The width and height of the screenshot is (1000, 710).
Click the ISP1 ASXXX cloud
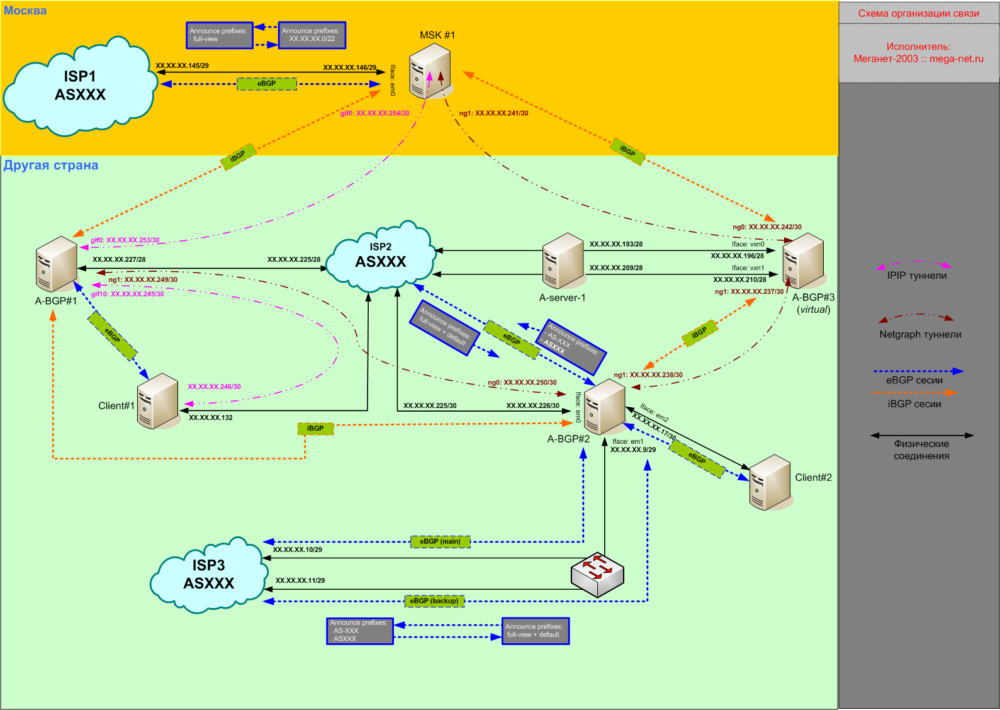80,86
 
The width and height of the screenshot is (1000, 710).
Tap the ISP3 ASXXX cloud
208,575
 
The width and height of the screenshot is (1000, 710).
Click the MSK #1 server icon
430,74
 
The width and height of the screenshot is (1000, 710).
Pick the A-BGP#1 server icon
57,264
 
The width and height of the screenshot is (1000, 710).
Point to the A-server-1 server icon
563,261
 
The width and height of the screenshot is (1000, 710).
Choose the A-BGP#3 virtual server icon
803,261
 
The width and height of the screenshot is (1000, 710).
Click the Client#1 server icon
157,401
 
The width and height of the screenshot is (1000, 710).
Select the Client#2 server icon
770,482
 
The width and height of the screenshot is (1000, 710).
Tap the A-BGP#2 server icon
604,407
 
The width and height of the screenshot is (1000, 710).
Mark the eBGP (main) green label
441,541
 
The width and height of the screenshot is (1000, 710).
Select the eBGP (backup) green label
434,601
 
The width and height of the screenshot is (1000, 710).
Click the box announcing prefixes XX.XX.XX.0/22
312,35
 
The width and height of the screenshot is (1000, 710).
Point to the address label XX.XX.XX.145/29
182,65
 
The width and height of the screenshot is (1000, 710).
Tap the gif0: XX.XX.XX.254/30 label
374,113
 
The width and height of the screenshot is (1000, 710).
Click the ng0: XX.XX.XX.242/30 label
767,227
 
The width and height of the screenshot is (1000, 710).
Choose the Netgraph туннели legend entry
920,334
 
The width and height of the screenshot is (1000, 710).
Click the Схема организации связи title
918,13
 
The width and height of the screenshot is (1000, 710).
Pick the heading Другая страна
51,166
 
